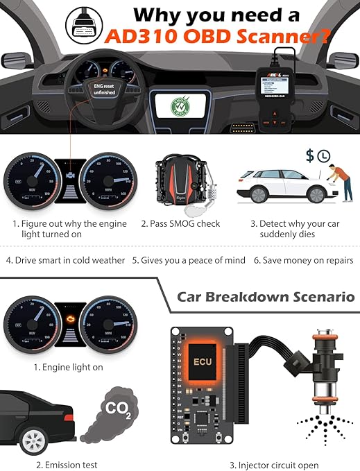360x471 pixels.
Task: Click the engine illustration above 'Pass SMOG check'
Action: pyautogui.click(x=181, y=184)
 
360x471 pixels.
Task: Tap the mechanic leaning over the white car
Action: pyautogui.click(x=337, y=182)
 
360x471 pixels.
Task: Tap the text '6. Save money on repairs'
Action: pyautogui.click(x=302, y=260)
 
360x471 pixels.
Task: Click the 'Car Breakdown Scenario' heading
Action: pyautogui.click(x=266, y=297)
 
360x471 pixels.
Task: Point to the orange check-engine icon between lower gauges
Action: pyautogui.click(x=69, y=320)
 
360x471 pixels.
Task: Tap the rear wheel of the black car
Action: pyautogui.click(x=33, y=439)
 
